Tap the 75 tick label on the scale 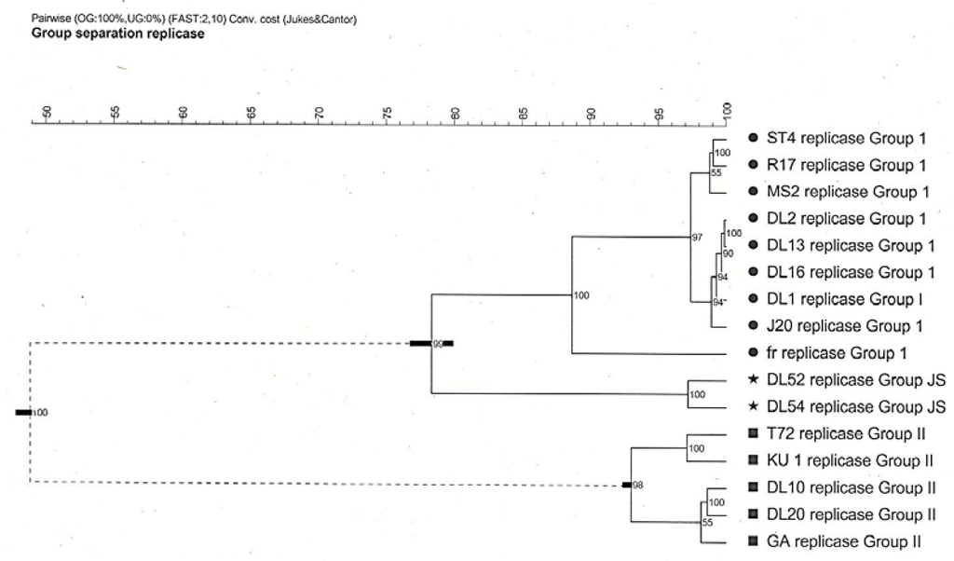coord(387,113)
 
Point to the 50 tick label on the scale coord(48,113)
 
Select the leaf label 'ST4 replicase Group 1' coord(846,139)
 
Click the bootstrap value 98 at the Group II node coord(638,486)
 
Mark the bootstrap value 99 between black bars coord(437,345)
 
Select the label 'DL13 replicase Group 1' coord(850,246)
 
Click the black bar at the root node coord(22,412)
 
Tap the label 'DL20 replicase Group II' coord(851,514)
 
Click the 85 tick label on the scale coord(523,113)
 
